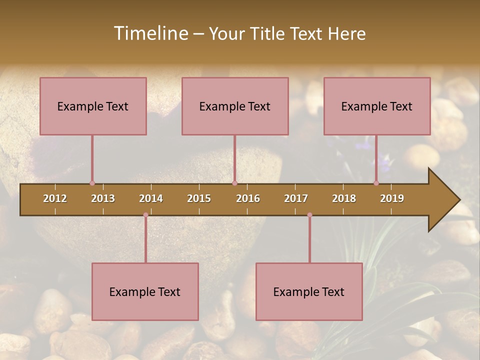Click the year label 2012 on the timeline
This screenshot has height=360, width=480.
coord(55,198)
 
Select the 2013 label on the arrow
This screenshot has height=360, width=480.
coord(103,198)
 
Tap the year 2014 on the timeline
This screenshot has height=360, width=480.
coord(151,198)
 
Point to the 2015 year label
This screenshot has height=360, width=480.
coord(199,198)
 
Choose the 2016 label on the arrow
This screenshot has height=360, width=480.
coord(248,198)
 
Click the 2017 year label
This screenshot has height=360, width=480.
coord(296,198)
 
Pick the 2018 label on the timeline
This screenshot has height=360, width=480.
coord(344,198)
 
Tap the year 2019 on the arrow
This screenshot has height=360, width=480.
coord(392,198)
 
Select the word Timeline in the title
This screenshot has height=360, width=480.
coord(150,33)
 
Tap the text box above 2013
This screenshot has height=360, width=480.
coord(93,106)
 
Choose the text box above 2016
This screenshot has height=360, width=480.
coord(235,106)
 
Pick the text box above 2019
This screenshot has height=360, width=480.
coord(377,106)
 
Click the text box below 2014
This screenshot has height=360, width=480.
coord(145,291)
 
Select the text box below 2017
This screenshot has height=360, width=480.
coord(309,291)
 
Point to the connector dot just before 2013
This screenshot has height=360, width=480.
coord(92,183)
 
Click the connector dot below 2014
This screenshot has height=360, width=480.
coord(145,215)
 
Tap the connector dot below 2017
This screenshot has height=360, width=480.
coord(309,215)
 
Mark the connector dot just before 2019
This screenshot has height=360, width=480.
coord(376,183)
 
